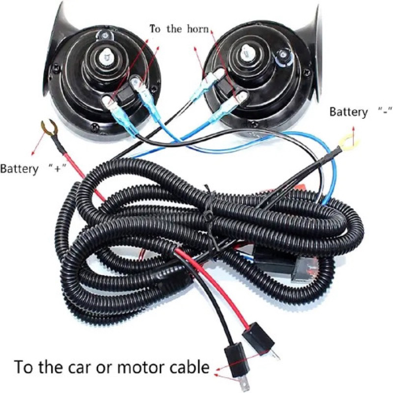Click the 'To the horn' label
click(179, 29)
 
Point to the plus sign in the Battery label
click(58, 169)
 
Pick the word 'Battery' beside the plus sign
click(19, 169)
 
